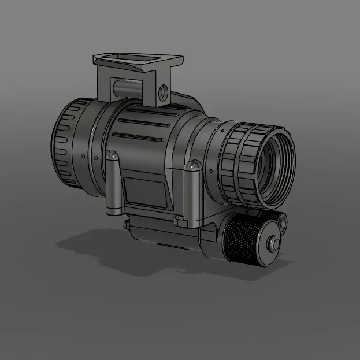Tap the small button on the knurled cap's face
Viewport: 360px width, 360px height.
pos(272,244)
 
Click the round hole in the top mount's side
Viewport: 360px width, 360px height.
pos(164,91)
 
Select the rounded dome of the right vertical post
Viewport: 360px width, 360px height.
pos(192,167)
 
